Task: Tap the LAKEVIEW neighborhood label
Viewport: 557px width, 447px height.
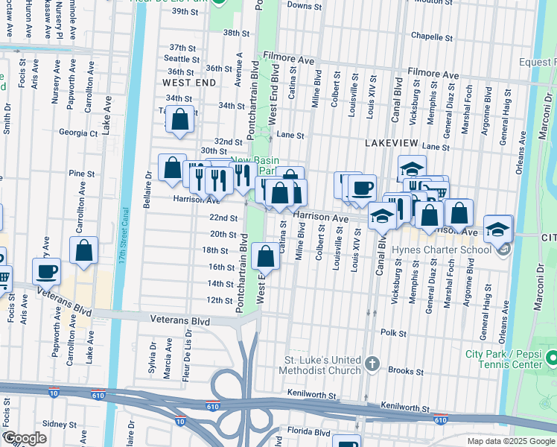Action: click(x=392, y=142)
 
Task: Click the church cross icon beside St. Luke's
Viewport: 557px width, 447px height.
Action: click(x=372, y=365)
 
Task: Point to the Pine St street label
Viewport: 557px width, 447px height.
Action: click(x=77, y=174)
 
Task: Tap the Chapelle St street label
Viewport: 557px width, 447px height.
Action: click(x=427, y=36)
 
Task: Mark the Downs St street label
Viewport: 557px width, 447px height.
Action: click(x=303, y=5)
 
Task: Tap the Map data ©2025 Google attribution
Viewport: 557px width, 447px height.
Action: click(x=510, y=441)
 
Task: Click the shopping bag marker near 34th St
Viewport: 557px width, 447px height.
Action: click(x=180, y=119)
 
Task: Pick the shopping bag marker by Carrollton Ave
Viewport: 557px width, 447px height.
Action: click(x=84, y=250)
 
